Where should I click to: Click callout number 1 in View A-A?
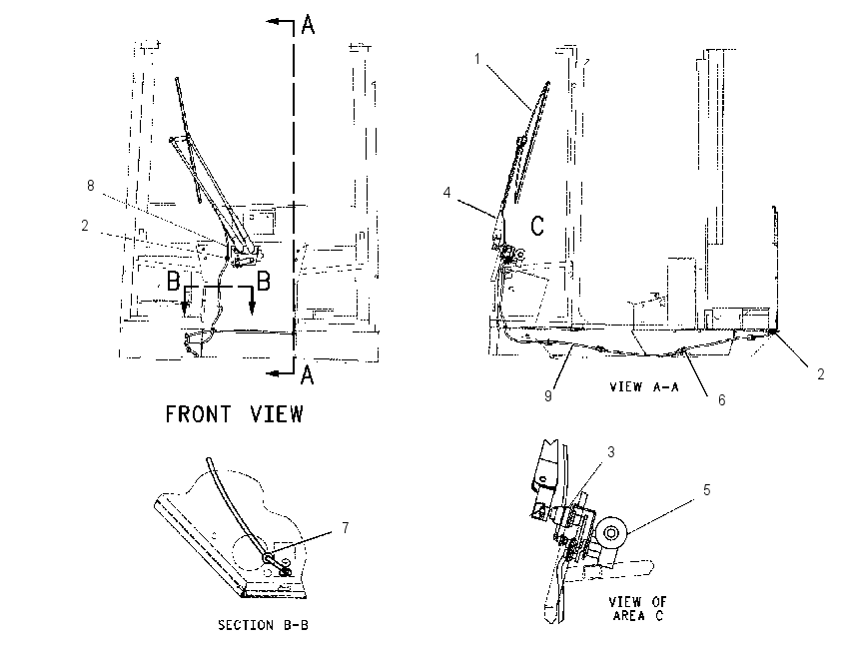coord(477,59)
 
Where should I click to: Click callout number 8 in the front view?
coord(91,186)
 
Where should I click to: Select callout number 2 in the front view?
coord(85,225)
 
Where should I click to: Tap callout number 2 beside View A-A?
coord(821,374)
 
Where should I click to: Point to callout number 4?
coord(446,193)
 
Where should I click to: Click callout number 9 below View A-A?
coord(548,396)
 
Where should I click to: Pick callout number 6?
coord(722,400)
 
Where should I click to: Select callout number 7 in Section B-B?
coord(346,527)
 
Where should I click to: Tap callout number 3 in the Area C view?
coord(610,452)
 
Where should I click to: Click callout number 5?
coord(706,490)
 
